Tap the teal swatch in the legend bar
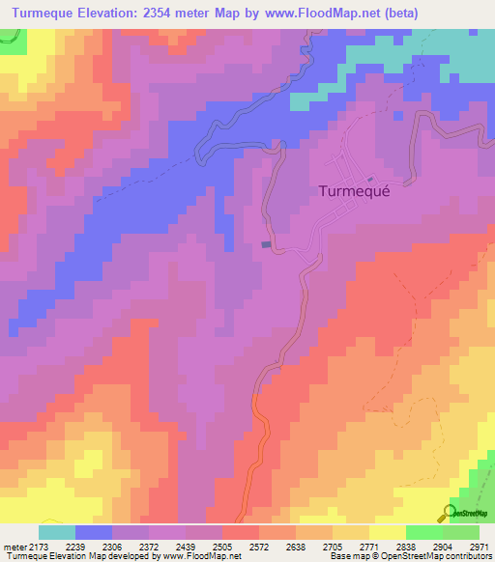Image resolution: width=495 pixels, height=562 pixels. point(57,532)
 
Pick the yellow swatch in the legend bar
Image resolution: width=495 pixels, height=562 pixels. point(387,532)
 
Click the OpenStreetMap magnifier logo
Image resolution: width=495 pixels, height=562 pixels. point(448,513)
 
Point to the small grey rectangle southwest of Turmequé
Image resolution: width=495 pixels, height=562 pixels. point(266,244)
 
